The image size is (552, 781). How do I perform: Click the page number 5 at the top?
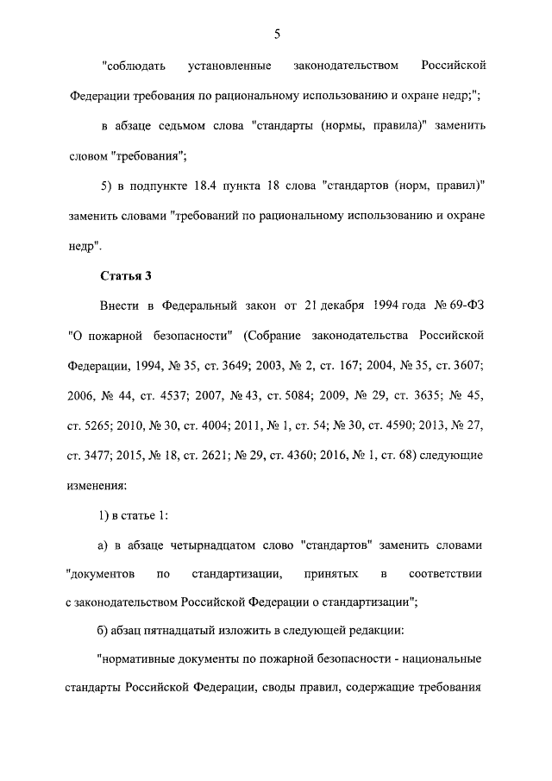pos(277,35)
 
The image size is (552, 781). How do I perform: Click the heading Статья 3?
pos(125,276)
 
